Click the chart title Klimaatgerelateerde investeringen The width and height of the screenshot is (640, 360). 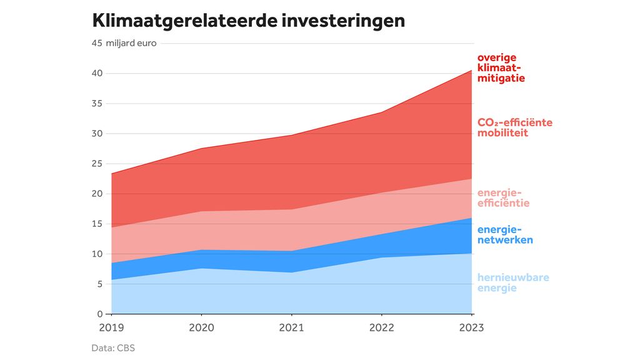(x=248, y=20)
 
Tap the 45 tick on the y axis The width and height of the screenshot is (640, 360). (x=97, y=43)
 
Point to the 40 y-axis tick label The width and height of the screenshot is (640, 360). (x=97, y=73)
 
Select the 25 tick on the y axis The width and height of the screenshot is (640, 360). (x=97, y=164)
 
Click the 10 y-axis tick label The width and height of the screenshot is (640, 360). (x=97, y=254)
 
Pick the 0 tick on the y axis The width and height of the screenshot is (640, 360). (x=99, y=314)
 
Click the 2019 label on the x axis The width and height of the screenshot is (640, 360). (x=112, y=327)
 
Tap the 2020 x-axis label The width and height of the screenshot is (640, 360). (x=201, y=327)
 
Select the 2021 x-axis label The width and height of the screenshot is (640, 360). (x=291, y=327)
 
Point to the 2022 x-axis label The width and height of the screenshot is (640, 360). (x=381, y=327)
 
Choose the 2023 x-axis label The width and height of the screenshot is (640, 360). (x=471, y=327)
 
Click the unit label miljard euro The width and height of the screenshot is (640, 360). (x=131, y=43)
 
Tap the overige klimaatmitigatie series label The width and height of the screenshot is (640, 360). (x=501, y=68)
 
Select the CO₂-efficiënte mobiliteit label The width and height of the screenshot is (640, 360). (x=514, y=127)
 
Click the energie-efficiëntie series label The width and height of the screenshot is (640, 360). (x=503, y=197)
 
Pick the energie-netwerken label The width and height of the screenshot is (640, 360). (x=505, y=234)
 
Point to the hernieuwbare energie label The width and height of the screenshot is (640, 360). (x=513, y=282)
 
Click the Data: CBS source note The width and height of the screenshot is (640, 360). (x=113, y=348)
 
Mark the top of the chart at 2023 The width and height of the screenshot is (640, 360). (x=471, y=70)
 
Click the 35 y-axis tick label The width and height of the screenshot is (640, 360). (x=97, y=103)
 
